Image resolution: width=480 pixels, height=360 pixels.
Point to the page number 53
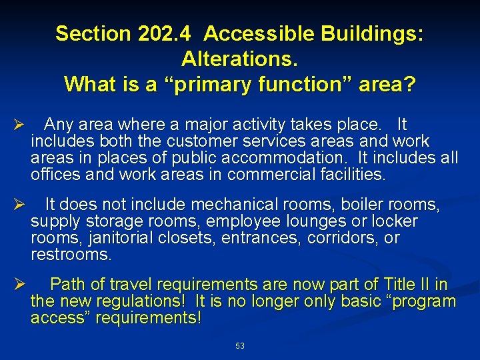point(240,346)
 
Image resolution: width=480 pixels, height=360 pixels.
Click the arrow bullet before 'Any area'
point(19,125)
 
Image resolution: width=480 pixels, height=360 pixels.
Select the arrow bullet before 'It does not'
point(19,204)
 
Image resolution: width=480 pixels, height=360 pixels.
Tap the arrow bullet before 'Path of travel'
point(19,285)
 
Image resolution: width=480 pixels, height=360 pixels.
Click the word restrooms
point(71,255)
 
